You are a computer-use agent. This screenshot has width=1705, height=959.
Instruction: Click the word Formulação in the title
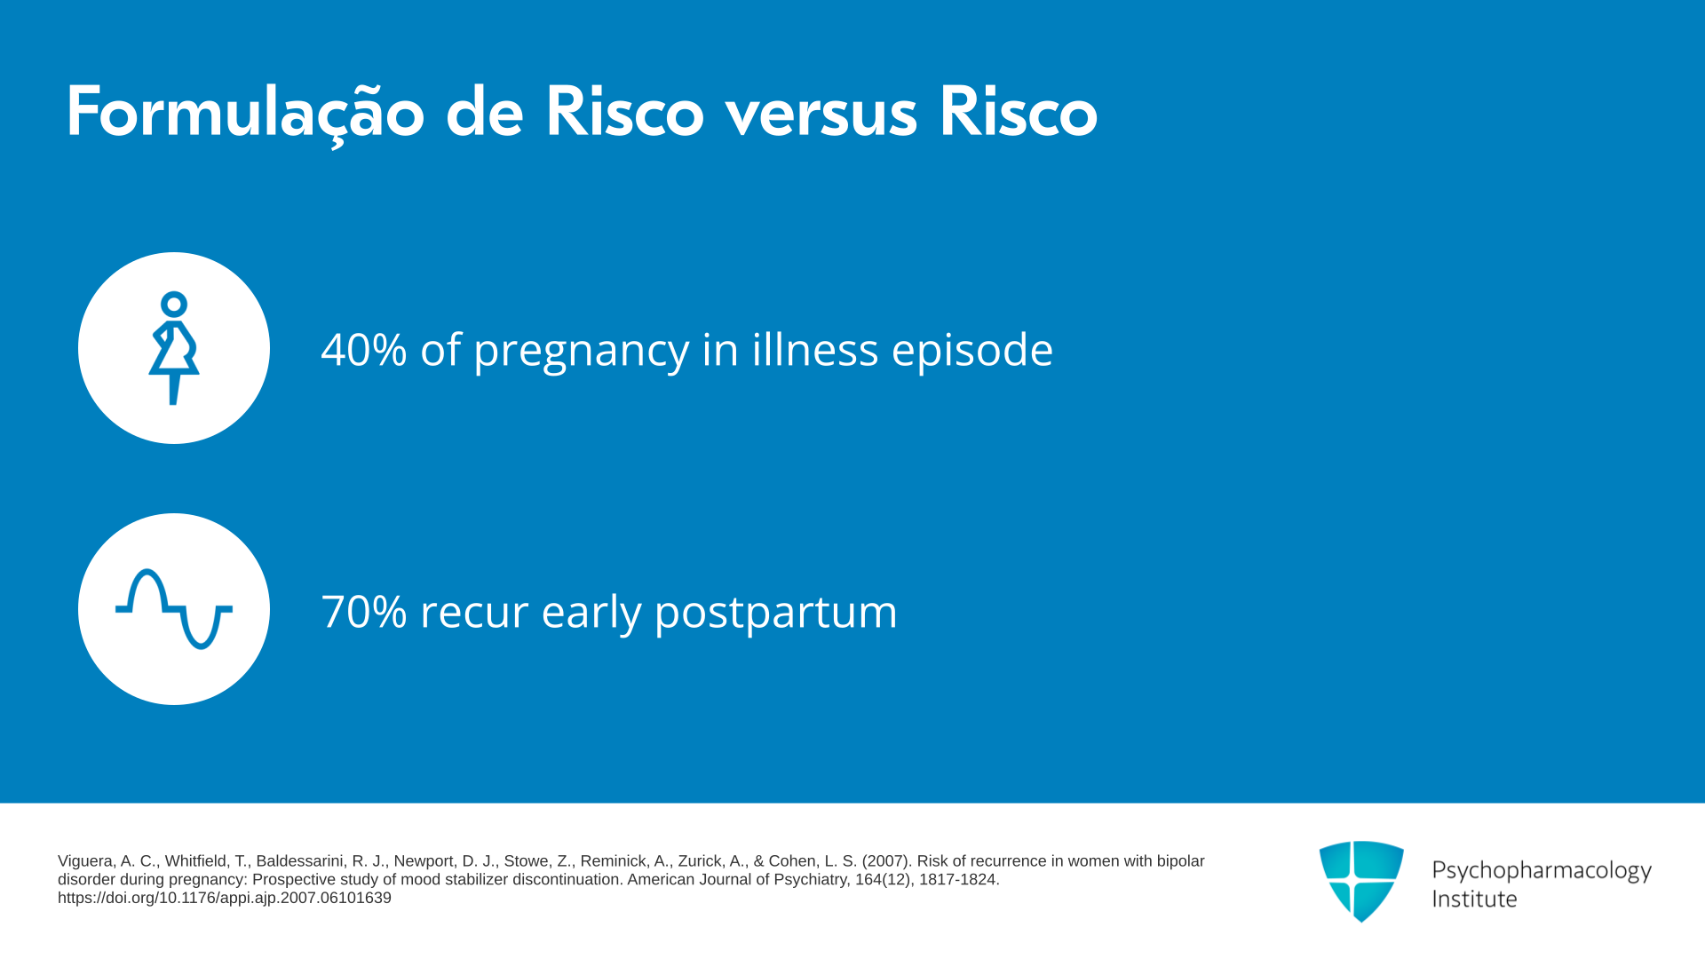pos(245,114)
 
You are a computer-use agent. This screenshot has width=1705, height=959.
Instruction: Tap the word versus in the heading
pos(821,115)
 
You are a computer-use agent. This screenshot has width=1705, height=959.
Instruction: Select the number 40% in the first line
pos(364,349)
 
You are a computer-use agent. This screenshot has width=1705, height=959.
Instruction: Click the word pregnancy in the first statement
pos(581,352)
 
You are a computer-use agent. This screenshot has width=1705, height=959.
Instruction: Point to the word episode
pos(972,350)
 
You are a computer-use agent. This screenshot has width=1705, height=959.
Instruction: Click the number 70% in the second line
pos(364,612)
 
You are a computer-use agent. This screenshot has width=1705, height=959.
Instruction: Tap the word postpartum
pos(776,613)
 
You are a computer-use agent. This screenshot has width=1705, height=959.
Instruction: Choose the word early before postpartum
pos(591,613)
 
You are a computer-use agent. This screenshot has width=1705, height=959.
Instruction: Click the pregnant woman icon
pos(174,348)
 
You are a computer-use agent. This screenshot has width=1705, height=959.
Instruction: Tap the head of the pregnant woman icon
pos(174,305)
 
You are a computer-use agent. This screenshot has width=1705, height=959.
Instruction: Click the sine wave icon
pos(174,609)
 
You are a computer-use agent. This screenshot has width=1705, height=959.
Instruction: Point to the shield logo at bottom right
pos(1361,881)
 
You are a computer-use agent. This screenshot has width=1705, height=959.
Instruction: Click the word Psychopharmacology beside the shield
pos(1542,870)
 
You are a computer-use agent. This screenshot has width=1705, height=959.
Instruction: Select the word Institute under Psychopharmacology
pos(1474,899)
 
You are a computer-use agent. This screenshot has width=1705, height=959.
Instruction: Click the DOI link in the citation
pos(225,898)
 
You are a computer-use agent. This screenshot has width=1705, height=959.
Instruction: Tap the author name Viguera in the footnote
pos(85,861)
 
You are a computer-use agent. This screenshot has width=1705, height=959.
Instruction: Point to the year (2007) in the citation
pos(885,861)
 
